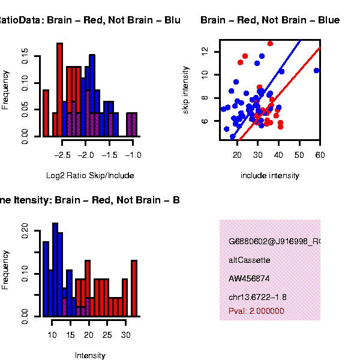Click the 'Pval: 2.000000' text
point(256,311)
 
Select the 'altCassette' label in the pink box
point(250,260)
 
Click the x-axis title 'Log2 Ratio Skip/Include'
point(90,176)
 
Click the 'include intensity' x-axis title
point(269,176)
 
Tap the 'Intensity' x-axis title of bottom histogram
point(90,355)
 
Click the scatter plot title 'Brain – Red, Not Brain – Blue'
point(270,20)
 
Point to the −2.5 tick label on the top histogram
point(62,154)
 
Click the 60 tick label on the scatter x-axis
point(320,154)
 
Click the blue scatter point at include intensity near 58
point(316,70)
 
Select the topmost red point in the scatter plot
point(270,43)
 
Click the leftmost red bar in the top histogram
point(46,113)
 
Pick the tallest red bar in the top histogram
point(59,90)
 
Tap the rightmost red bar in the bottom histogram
point(134,288)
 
